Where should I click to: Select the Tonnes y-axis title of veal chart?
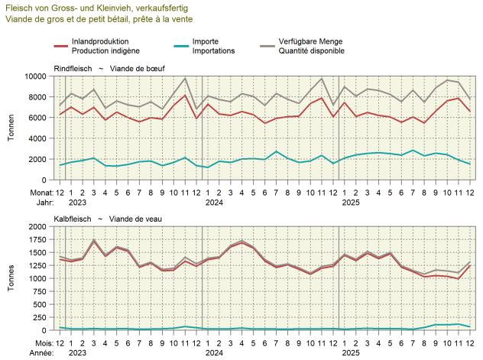11,277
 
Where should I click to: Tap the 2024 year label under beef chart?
213,203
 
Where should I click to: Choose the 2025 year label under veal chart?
350,353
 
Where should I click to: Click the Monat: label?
35,193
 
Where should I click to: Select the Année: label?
34,353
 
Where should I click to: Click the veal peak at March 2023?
93,240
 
